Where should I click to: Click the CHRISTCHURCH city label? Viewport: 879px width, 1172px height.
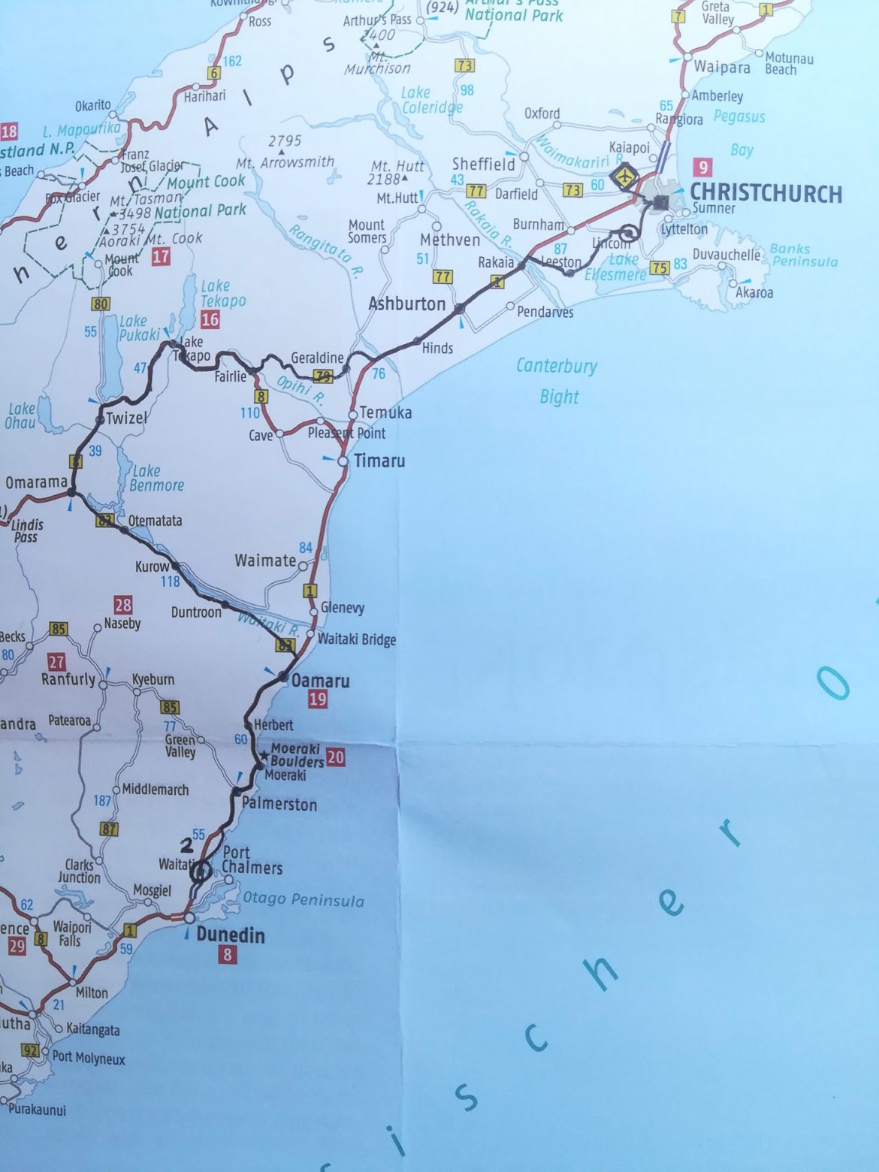point(766,193)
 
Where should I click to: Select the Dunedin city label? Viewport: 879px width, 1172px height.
point(230,935)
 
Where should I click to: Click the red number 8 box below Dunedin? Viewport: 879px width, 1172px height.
point(227,956)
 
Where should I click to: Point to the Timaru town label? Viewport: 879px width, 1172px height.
point(379,461)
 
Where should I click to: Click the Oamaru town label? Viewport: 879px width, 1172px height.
point(320,681)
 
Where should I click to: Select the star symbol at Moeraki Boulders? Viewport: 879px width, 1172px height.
point(263,755)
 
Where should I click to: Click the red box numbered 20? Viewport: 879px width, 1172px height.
point(335,757)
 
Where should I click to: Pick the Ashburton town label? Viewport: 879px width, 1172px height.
point(406,304)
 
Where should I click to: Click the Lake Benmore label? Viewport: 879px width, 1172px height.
point(156,478)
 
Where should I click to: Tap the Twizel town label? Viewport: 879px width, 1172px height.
point(126,418)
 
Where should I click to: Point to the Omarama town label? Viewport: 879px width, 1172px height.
point(36,482)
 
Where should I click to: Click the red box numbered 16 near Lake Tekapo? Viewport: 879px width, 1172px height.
point(210,319)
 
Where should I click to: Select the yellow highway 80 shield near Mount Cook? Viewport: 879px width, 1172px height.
point(101,304)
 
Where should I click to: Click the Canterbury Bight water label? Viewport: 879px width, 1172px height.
point(557,381)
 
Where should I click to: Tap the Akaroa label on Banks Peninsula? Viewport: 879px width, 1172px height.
point(754,292)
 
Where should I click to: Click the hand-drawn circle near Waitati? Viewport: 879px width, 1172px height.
point(200,872)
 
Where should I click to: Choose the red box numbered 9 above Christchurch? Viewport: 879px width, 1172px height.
point(702,167)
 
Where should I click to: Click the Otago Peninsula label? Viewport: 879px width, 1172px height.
point(303,899)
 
